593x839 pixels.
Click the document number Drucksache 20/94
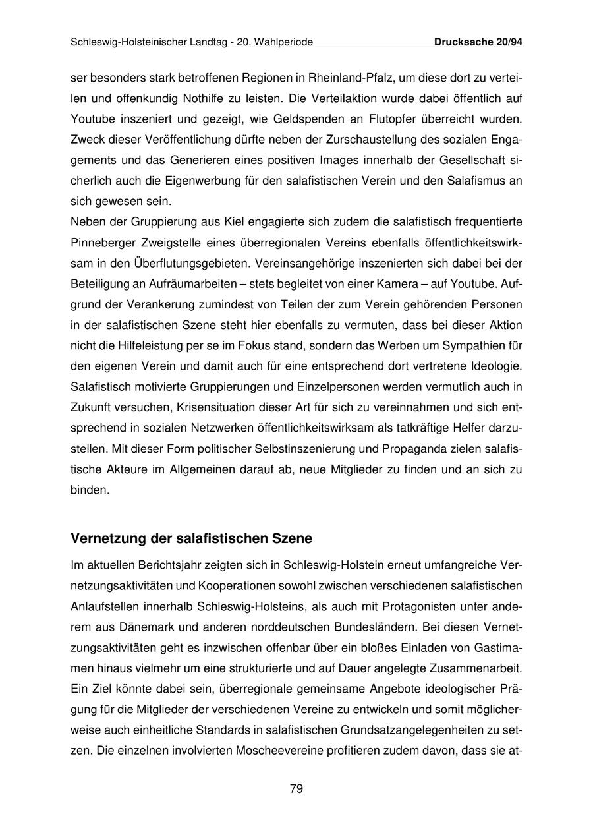click(478, 42)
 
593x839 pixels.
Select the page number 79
click(296, 789)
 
